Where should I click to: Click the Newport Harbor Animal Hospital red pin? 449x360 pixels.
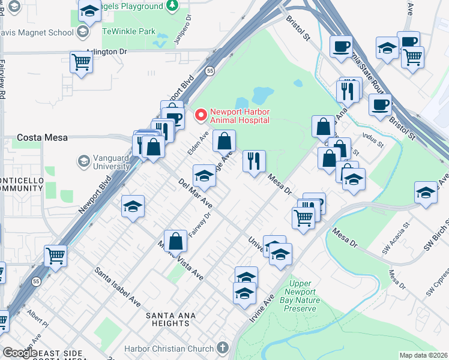coord(200,113)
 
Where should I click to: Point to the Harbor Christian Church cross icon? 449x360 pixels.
coord(222,348)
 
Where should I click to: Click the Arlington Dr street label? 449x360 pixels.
coord(106,52)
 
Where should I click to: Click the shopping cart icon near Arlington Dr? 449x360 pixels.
coord(81,61)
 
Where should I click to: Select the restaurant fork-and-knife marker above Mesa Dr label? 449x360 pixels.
coord(254,160)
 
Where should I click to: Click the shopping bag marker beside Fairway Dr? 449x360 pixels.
coord(176,241)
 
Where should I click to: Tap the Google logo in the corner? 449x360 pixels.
coord(20,353)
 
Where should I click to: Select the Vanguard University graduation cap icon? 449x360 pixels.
coord(83,161)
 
